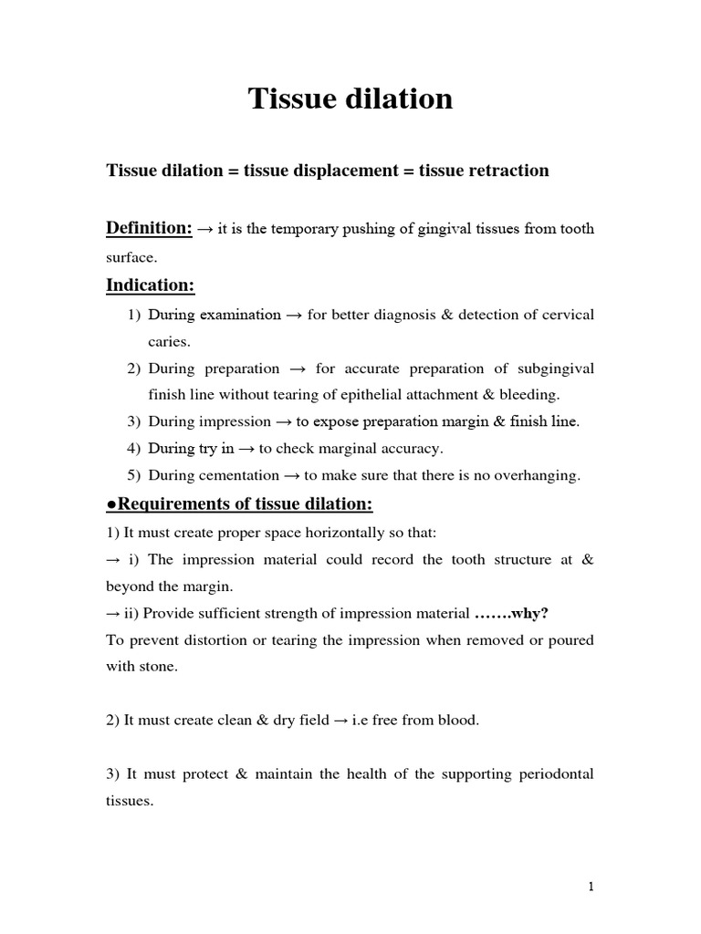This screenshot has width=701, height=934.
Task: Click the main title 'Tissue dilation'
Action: coord(350,99)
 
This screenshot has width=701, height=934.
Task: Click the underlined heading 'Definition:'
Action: coord(149,228)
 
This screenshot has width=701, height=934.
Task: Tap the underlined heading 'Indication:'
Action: coord(151,285)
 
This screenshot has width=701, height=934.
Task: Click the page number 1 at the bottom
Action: coord(591,886)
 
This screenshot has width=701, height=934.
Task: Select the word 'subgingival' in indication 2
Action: coord(552,368)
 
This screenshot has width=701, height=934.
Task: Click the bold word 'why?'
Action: coord(530,613)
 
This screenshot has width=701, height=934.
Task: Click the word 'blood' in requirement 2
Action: coord(457,721)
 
